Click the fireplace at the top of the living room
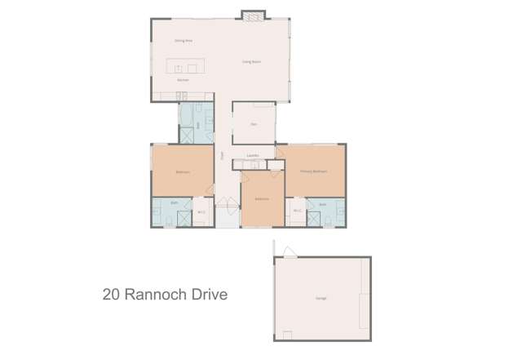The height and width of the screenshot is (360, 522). coord(253,15)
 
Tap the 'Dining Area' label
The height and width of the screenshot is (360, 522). coord(184,40)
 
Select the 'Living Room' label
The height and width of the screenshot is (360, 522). coord(251,61)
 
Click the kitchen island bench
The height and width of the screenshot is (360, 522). coord(183,67)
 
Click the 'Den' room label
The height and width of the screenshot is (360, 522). coord(254,124)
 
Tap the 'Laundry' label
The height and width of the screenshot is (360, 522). coord(253,155)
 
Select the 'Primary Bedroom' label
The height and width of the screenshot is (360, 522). coord(314,172)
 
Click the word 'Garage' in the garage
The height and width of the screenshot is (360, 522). coord(321,299)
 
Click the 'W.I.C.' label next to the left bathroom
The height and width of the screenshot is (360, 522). coord(201,213)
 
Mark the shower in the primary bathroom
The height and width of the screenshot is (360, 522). coord(335,217)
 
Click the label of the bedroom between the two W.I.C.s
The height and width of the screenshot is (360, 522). coord(262,199)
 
